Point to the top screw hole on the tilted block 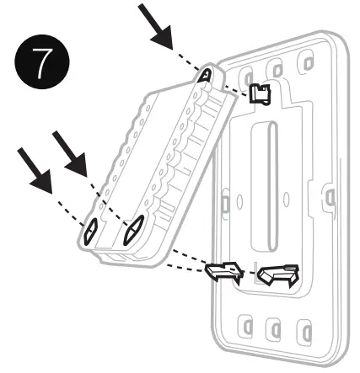click(x=206, y=75)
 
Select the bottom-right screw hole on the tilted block click(x=132, y=229)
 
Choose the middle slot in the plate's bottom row click(x=271, y=327)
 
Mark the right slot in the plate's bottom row click(x=300, y=327)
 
